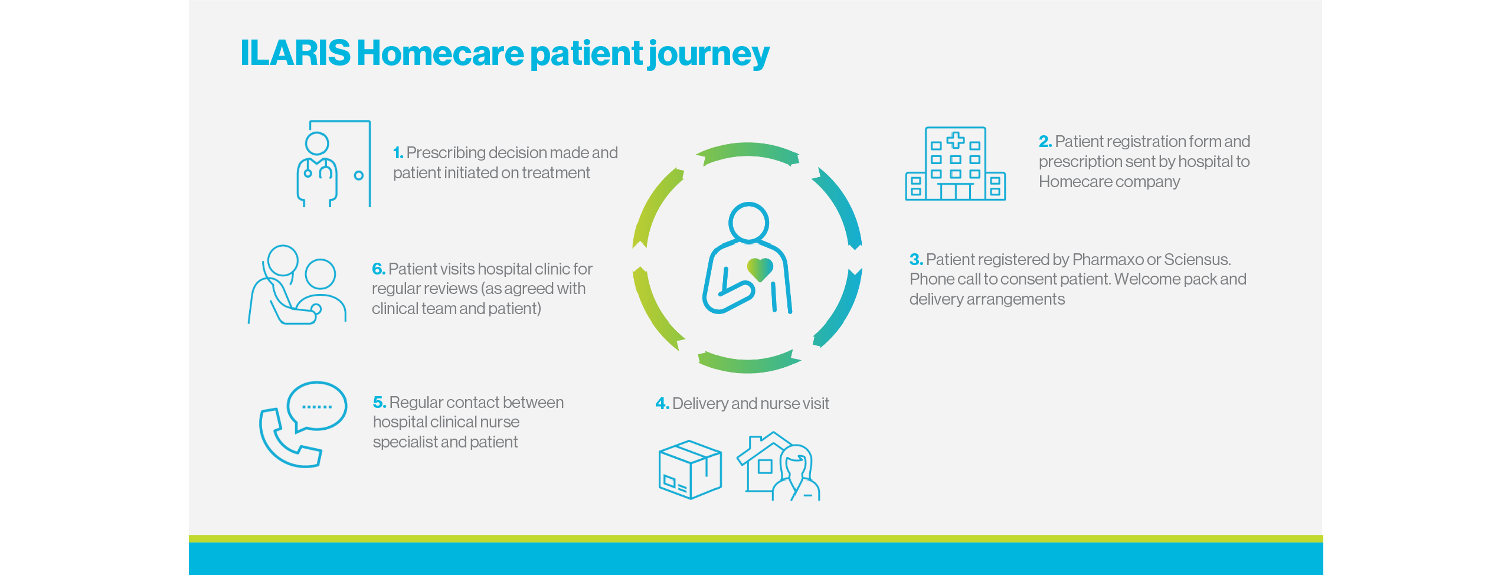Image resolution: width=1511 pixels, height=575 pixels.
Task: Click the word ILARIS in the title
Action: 295,53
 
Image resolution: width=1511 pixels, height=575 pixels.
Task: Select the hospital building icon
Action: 955,165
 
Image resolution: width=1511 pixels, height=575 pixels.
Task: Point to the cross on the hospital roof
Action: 956,141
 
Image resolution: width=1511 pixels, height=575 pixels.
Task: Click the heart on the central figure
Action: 760,269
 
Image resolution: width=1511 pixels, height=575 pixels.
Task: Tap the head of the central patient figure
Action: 748,223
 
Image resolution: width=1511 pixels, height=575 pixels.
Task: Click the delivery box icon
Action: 689,470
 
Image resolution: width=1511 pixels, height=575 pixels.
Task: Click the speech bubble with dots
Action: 317,406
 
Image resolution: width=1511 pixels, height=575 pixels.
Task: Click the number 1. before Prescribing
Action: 398,153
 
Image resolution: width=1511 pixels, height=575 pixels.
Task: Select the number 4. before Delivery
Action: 662,404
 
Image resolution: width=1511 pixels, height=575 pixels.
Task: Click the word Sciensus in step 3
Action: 1196,260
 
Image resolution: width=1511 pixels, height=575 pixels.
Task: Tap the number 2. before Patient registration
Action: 1045,142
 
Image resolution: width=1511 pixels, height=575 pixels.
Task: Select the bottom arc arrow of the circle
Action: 748,364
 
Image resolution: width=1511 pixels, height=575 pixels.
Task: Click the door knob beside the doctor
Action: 358,175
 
